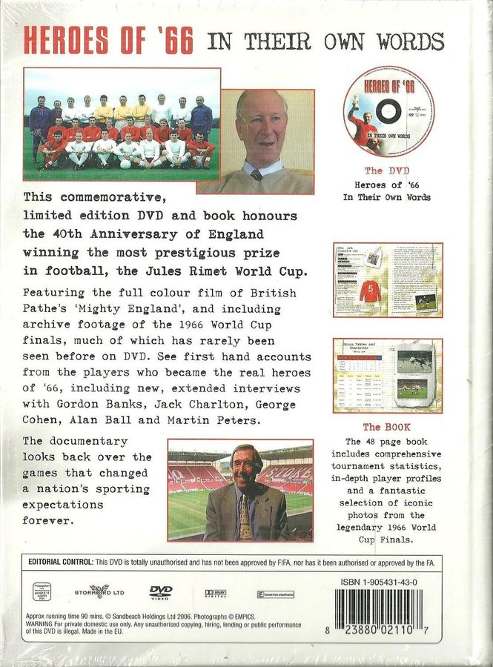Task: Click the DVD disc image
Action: coord(388,111)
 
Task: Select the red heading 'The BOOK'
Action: coord(387,428)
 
